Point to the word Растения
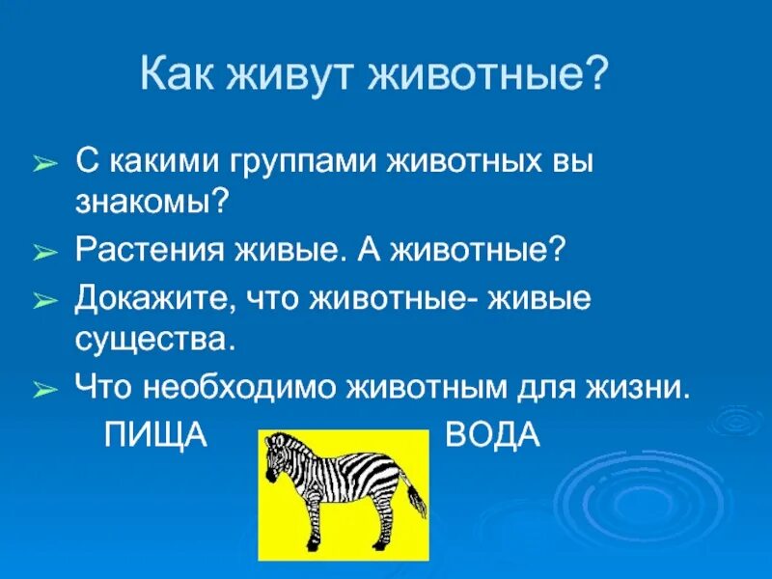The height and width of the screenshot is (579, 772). click(x=151, y=252)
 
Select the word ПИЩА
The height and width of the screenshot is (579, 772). click(x=155, y=436)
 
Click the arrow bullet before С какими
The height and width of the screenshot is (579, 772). click(x=45, y=164)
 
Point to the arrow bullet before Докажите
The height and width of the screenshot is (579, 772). click(x=45, y=300)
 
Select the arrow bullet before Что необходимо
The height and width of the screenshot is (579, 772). click(x=45, y=391)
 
